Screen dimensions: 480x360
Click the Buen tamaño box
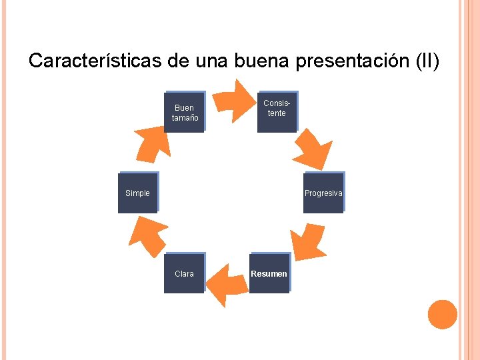pos(184,112)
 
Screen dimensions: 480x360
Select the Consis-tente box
pos(277,111)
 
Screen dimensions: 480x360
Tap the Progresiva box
pos(323,193)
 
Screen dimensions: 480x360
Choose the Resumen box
pos(269,273)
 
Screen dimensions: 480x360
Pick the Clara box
pos(184,274)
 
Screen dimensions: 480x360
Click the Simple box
pos(137,193)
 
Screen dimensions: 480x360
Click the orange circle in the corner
pos(442,314)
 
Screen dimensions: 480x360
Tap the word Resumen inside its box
pos(269,274)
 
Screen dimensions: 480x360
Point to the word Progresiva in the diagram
pos(323,193)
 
